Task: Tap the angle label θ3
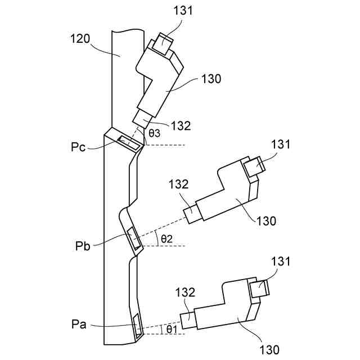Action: point(155,133)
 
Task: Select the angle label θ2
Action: point(167,238)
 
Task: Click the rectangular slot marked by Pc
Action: point(129,142)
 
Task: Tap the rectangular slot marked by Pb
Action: point(135,238)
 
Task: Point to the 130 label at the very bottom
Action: point(270,350)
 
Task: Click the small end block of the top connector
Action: point(164,43)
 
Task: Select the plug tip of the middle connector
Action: point(192,213)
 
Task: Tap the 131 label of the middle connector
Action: point(280,144)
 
